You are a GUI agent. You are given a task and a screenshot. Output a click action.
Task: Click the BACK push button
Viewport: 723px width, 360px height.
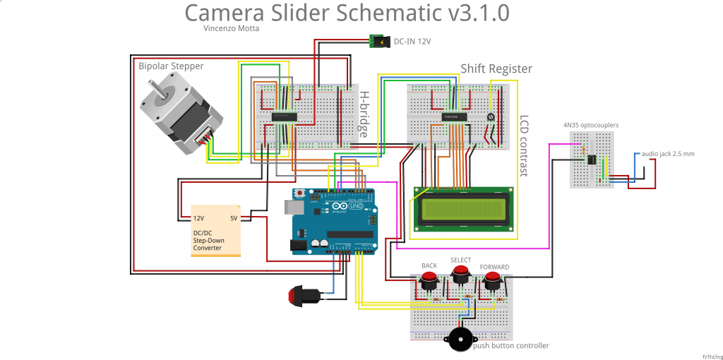pos(428,280)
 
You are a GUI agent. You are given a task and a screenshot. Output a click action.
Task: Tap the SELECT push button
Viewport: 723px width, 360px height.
pos(461,273)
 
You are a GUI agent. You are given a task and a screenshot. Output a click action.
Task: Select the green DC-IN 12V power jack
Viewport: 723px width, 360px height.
pos(378,42)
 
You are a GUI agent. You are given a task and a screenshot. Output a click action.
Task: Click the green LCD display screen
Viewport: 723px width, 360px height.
pos(464,208)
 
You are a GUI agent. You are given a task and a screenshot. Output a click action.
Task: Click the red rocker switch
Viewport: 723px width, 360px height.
pos(304,294)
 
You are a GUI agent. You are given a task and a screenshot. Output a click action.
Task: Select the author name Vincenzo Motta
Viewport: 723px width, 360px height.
pos(230,28)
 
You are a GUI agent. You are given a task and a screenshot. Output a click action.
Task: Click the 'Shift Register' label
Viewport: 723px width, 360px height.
pos(496,68)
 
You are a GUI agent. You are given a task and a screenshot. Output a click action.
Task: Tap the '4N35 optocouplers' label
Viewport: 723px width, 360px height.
pos(590,125)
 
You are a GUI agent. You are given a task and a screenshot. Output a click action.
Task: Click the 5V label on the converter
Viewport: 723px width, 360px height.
pos(234,218)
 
